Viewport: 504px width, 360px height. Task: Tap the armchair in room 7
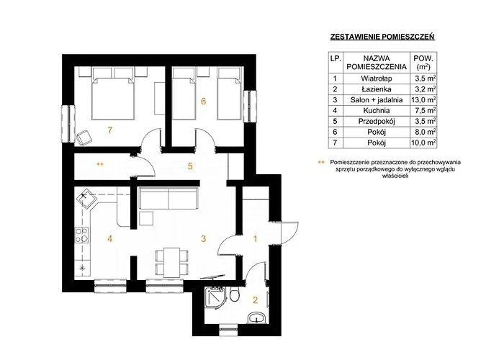click(x=84, y=138)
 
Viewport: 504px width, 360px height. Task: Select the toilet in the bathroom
click(x=235, y=294)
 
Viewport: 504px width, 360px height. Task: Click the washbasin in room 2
click(x=256, y=318)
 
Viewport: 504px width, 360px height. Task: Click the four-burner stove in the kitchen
click(x=82, y=235)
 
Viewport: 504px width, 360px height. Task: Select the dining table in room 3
click(x=171, y=262)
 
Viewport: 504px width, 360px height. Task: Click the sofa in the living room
click(x=168, y=199)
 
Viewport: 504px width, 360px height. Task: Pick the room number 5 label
click(x=190, y=166)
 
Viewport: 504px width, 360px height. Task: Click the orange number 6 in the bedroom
click(x=203, y=102)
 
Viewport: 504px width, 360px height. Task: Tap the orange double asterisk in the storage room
click(x=100, y=165)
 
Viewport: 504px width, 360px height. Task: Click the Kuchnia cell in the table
click(x=377, y=111)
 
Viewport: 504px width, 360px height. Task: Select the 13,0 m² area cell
click(x=423, y=100)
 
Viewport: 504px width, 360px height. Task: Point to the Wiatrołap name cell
click(x=377, y=78)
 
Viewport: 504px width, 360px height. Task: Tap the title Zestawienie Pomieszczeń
click(x=382, y=37)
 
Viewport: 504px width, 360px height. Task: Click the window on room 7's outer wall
click(x=68, y=124)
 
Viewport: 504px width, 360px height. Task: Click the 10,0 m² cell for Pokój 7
click(x=423, y=143)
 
